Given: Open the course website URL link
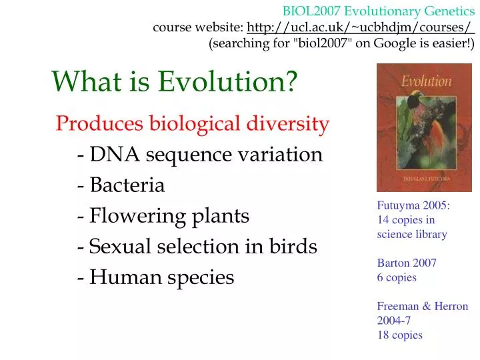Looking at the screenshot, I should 360,28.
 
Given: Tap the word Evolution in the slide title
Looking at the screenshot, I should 228,81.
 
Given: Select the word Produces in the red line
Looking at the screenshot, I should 99,124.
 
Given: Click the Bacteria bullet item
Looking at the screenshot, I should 126,185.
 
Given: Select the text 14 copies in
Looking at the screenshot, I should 406,220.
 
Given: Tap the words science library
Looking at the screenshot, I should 411,234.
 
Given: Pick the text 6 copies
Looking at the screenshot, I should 397,277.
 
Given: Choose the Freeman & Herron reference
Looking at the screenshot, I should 422,307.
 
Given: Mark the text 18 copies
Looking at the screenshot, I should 399,335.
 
